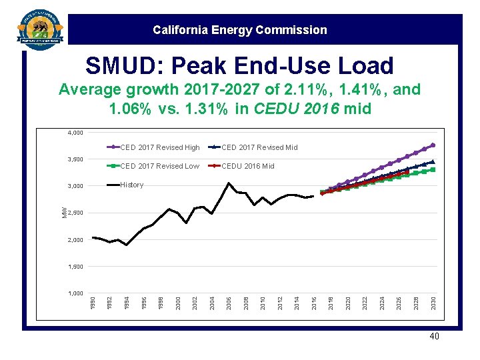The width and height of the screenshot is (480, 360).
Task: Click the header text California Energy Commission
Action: [x=239, y=30]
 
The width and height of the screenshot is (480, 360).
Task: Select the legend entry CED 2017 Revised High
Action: [x=159, y=147]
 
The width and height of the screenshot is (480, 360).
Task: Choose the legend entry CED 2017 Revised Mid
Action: [x=259, y=147]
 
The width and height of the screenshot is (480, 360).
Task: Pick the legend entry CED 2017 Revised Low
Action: [x=159, y=166]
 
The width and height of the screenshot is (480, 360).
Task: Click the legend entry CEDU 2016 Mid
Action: [x=247, y=166]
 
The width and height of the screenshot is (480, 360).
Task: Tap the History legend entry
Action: [x=131, y=185]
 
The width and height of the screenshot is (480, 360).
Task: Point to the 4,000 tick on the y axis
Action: [x=75, y=133]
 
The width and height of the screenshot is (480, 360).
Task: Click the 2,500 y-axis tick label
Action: [x=75, y=213]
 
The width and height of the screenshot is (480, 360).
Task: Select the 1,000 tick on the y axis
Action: [x=75, y=293]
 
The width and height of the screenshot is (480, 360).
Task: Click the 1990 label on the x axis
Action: [x=93, y=303]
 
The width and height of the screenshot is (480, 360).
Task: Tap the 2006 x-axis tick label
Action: [x=229, y=303]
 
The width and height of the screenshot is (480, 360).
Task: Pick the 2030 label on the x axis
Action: [x=433, y=303]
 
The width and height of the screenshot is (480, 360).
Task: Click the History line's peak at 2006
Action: [x=229, y=183]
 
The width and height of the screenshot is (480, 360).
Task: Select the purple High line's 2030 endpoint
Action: [x=433, y=145]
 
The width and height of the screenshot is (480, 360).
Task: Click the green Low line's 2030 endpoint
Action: [x=433, y=169]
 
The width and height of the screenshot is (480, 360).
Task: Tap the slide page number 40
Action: [x=435, y=337]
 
